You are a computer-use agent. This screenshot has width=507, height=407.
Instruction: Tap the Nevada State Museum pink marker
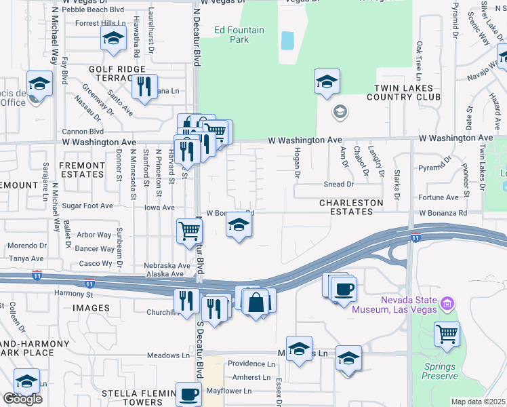446,302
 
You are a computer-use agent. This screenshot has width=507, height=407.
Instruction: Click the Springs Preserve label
441,371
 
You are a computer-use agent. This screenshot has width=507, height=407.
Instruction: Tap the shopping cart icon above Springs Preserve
447,334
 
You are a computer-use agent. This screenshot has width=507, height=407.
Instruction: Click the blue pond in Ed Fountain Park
287,41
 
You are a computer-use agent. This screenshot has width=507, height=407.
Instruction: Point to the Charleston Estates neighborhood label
351,207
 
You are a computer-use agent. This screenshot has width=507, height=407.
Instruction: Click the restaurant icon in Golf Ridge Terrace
144,87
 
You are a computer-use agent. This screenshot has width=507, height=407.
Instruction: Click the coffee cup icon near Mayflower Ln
188,393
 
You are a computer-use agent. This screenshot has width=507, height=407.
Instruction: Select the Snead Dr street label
339,184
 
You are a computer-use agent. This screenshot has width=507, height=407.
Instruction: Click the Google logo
22,399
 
